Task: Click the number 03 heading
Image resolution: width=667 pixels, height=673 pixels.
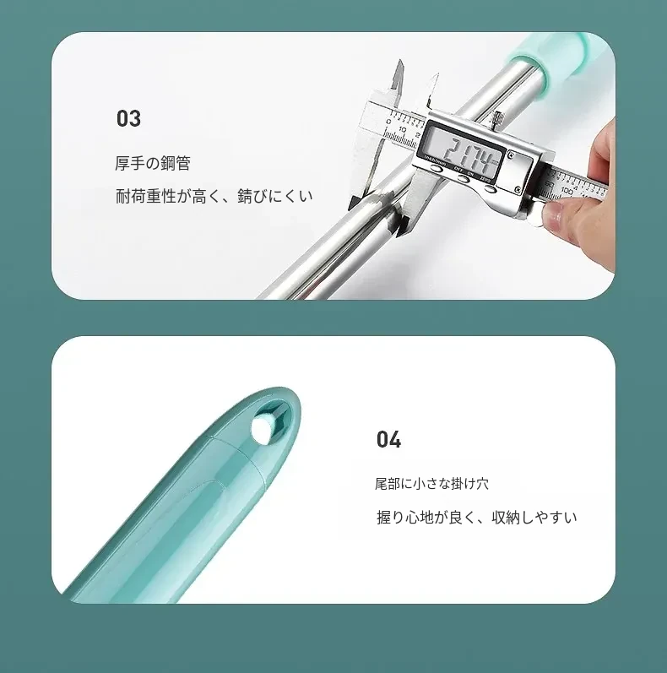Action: coord(128,118)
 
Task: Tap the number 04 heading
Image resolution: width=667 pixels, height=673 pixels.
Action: coord(388,439)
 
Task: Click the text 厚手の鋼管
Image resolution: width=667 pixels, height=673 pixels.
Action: coord(153,163)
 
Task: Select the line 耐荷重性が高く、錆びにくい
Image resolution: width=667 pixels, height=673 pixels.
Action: coord(214,196)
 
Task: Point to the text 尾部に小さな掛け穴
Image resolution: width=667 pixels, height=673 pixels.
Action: coord(431,484)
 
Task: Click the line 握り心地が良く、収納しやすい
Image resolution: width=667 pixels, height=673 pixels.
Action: coord(477,517)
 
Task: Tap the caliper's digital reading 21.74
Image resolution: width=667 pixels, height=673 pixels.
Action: coord(467,153)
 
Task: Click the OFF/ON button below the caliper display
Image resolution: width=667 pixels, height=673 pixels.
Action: coord(464,178)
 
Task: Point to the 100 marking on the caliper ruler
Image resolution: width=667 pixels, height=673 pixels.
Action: coord(567,190)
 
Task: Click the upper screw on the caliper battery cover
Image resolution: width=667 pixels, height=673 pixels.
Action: coord(511,155)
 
